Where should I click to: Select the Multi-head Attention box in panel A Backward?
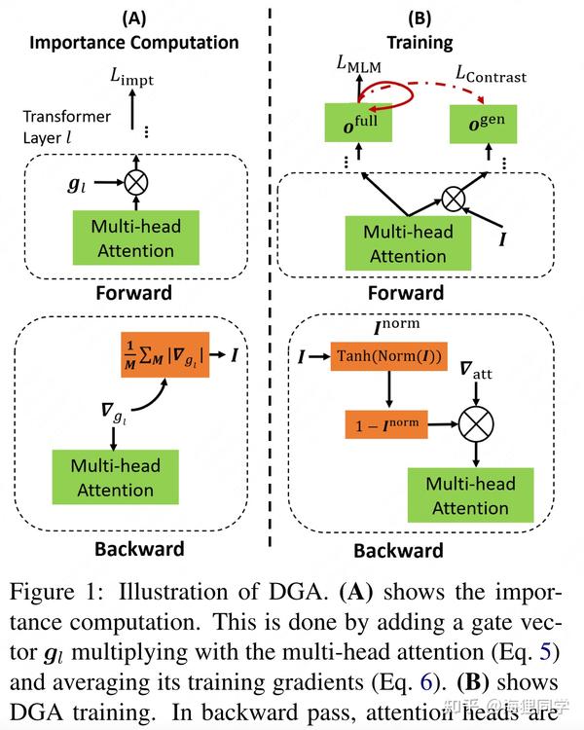(x=115, y=476)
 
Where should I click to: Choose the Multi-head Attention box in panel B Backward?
(x=469, y=495)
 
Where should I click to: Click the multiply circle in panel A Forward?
(x=135, y=180)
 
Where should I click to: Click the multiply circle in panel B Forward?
(x=453, y=201)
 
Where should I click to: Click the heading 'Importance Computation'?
(x=134, y=42)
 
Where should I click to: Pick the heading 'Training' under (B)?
(x=420, y=42)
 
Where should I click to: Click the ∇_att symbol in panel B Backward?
(x=476, y=371)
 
